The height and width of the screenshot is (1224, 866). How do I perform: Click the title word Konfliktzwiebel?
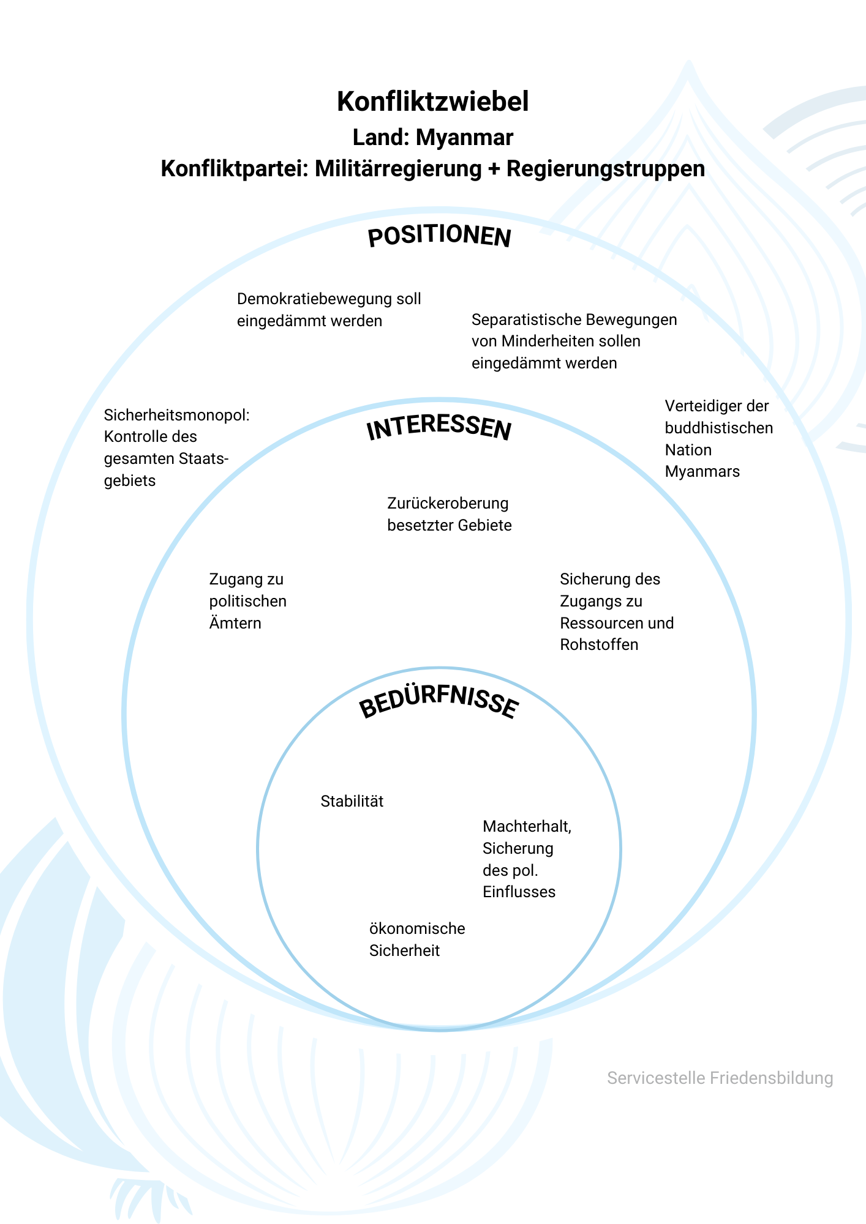(x=432, y=102)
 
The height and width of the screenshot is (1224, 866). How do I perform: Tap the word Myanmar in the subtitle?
(x=464, y=138)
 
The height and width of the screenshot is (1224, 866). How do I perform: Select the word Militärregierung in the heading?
(x=398, y=169)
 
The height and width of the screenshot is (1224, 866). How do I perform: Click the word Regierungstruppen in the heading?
(x=606, y=169)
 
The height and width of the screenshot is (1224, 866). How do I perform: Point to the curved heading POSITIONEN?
(x=439, y=236)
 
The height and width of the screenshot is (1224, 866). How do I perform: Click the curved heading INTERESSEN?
(x=439, y=428)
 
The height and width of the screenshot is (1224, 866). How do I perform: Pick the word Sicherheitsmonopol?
(x=177, y=416)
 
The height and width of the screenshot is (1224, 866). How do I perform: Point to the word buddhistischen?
(x=719, y=428)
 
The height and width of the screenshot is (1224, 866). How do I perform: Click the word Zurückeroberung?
(x=448, y=504)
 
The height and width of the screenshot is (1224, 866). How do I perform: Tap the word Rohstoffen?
(x=599, y=644)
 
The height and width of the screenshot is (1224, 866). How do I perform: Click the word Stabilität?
(x=352, y=801)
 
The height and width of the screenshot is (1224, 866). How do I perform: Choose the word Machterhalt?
(x=527, y=827)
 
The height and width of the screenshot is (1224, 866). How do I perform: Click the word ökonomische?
(x=417, y=928)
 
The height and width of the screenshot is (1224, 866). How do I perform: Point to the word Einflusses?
(x=519, y=892)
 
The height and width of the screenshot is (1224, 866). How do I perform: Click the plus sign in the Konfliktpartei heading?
(x=494, y=170)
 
